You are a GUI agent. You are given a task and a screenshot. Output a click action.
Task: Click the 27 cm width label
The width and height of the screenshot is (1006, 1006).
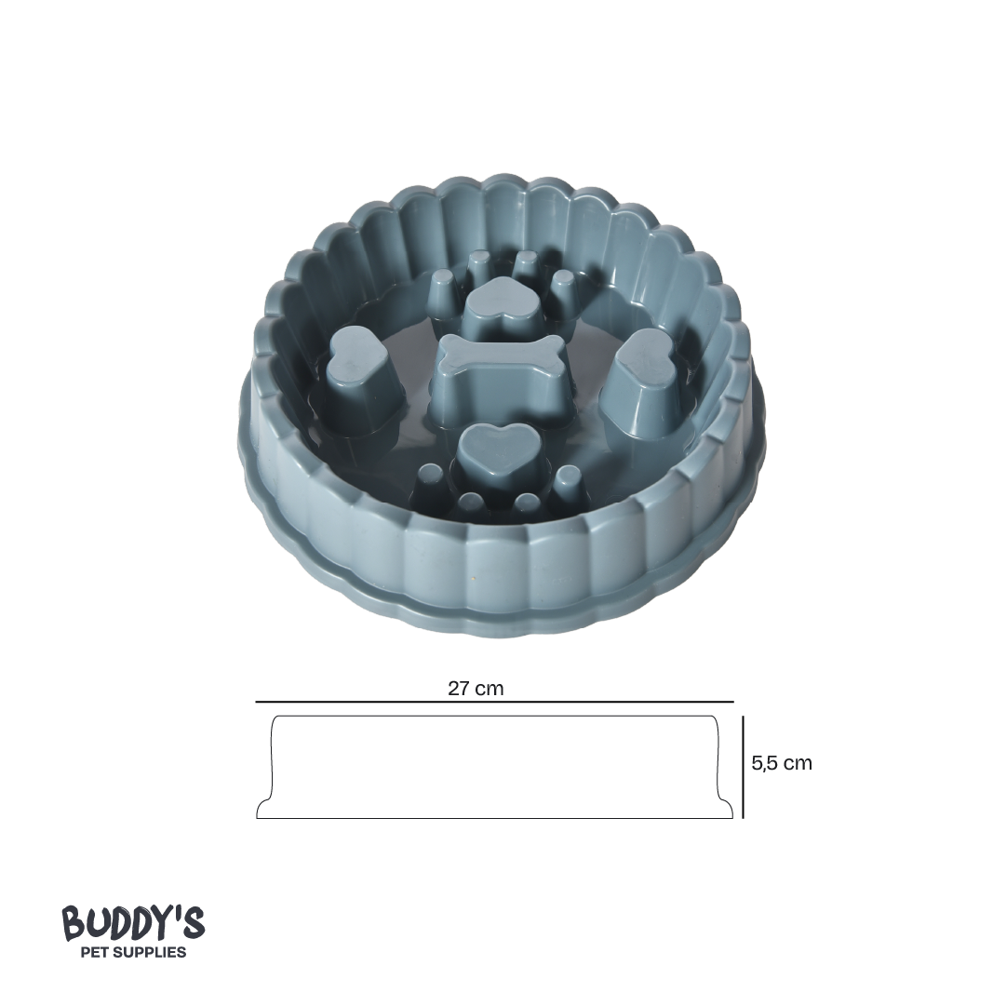(476, 689)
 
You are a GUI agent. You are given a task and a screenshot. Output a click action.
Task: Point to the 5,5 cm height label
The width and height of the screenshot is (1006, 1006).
(782, 763)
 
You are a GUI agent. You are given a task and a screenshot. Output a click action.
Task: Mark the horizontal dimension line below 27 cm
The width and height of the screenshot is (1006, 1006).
(494, 702)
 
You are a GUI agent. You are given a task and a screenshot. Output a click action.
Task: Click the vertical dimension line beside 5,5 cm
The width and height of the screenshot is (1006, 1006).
(743, 767)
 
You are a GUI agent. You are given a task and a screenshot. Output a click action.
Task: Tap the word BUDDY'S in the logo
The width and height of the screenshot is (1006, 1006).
(133, 923)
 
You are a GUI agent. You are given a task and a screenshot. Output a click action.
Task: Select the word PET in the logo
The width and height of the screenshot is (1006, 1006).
(99, 952)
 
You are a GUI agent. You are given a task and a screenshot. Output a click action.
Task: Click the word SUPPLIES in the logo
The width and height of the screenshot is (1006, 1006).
(153, 952)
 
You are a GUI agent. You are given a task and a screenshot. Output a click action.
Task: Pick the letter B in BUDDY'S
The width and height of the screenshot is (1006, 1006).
(73, 924)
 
